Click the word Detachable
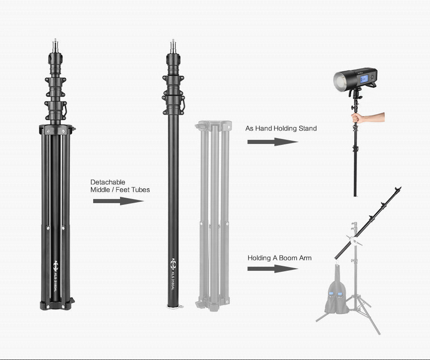coord(107,182)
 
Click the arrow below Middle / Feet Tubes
coord(118,201)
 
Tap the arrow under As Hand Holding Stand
coord(272,142)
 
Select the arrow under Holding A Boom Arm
coord(272,269)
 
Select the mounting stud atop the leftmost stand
coord(56,45)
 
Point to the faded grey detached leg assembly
coord(214,215)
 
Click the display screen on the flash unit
coord(364,78)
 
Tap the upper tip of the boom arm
coord(399,189)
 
